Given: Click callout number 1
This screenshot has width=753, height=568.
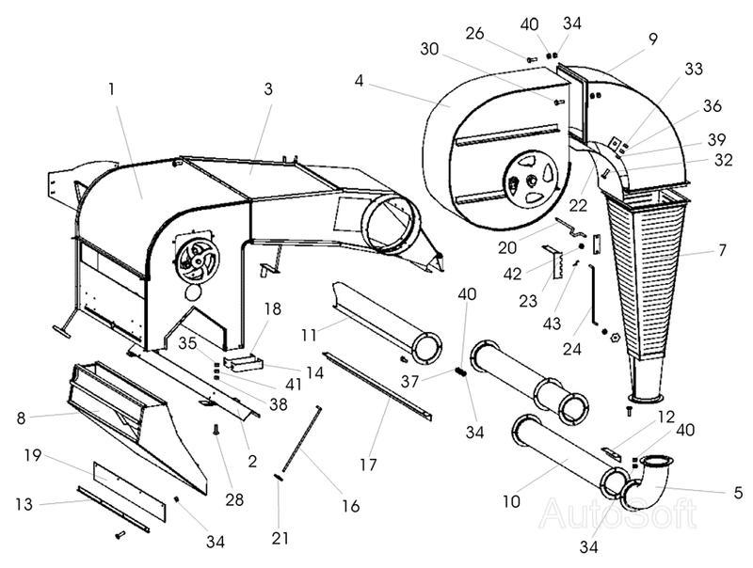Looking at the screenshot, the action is (111, 89).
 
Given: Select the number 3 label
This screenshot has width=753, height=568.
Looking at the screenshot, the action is (268, 88).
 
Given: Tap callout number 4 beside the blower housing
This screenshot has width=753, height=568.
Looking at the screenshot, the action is (360, 81).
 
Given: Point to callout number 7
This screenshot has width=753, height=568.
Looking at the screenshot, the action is (722, 250).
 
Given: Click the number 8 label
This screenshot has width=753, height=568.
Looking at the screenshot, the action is (21, 418).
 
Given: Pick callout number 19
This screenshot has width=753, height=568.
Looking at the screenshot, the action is (33, 455).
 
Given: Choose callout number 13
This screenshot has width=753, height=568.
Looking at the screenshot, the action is (24, 504).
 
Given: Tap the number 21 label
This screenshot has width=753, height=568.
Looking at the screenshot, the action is (280, 538).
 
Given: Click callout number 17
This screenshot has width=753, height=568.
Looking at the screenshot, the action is (368, 465).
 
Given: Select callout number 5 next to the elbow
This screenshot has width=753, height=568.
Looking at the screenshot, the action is (738, 492).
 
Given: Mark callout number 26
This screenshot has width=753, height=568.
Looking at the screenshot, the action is (475, 34).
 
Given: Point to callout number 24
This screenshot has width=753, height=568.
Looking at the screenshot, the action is (572, 349).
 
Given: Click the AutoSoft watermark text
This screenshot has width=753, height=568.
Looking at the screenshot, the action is (617, 513).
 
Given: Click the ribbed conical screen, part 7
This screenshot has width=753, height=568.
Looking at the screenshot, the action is (646, 278).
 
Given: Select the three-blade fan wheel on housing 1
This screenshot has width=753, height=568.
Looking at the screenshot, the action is (198, 261).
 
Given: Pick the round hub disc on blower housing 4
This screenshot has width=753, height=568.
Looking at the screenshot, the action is (531, 180).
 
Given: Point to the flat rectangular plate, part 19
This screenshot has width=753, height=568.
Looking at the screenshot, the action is (129, 492).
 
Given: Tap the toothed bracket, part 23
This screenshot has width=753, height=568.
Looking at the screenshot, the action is (554, 262).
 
